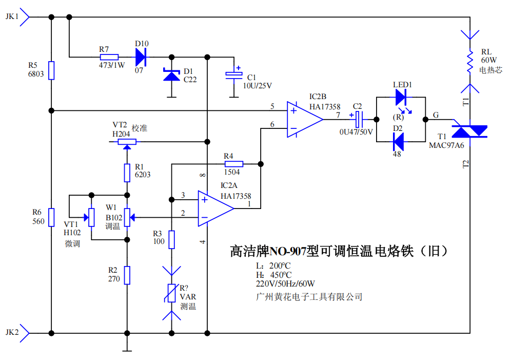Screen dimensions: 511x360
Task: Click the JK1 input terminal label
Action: click(x=12, y=16)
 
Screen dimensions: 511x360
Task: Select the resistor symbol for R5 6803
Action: click(x=51, y=70)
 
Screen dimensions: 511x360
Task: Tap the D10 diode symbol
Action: click(x=141, y=58)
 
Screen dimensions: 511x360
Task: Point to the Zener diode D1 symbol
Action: click(x=171, y=74)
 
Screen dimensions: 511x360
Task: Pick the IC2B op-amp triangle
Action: click(x=305, y=119)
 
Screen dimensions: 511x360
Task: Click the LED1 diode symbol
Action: click(x=401, y=97)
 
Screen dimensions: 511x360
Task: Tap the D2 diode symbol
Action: click(x=398, y=142)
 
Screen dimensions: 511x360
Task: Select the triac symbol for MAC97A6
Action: click(x=469, y=131)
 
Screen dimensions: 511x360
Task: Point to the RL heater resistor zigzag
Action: click(x=470, y=62)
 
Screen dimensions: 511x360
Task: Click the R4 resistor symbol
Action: click(x=233, y=164)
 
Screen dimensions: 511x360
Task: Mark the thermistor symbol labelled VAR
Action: click(x=172, y=293)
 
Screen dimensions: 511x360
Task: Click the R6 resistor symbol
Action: click(x=51, y=217)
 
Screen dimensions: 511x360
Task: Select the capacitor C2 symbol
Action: click(x=359, y=119)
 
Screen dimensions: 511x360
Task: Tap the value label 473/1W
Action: click(x=112, y=65)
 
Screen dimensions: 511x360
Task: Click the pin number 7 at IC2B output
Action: click(x=338, y=115)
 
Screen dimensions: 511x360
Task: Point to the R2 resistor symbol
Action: click(x=127, y=275)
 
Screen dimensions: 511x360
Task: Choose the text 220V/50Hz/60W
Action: click(x=285, y=283)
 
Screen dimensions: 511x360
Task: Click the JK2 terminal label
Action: click(x=12, y=332)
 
